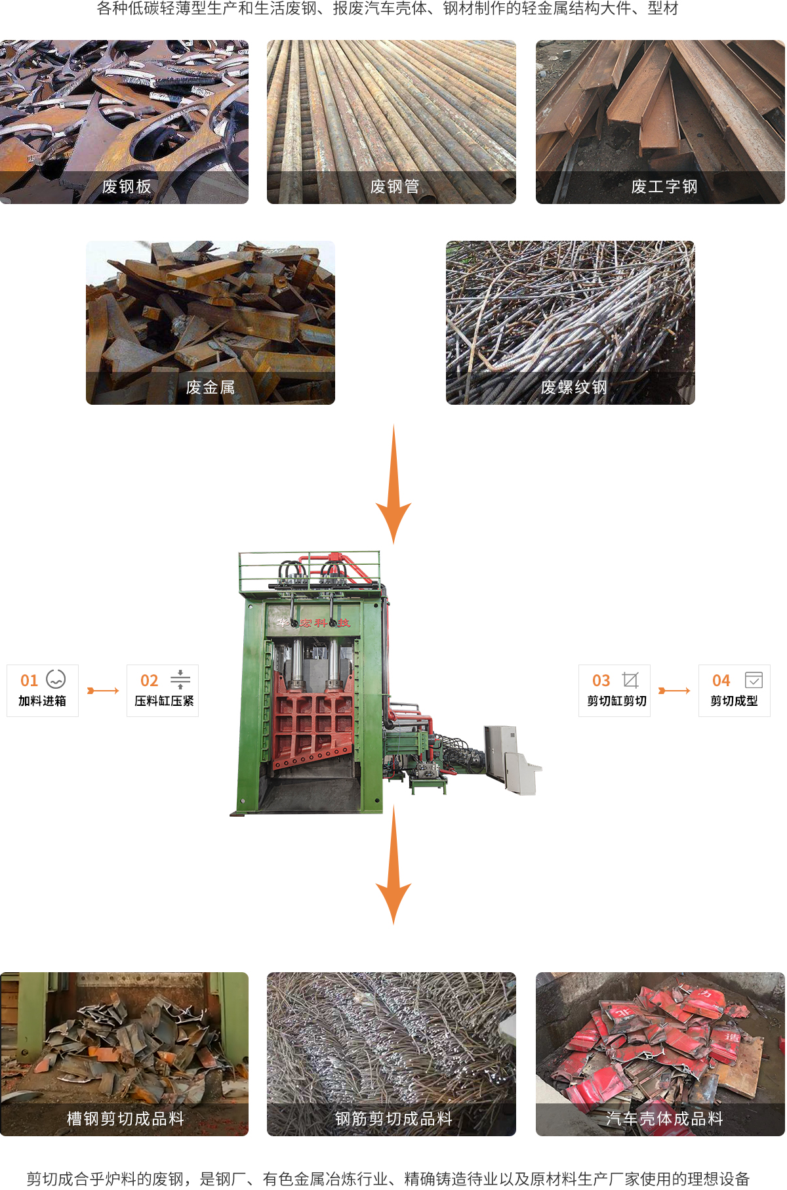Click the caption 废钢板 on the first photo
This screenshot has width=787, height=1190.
pyautogui.click(x=127, y=187)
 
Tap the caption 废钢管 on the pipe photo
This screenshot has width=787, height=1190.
pyautogui.click(x=395, y=187)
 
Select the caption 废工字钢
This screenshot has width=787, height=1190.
pyautogui.click(x=664, y=187)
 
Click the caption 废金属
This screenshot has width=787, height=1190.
pyautogui.click(x=211, y=388)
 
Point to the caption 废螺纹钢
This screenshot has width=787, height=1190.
pyautogui.click(x=574, y=388)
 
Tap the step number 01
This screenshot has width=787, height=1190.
pyautogui.click(x=30, y=681)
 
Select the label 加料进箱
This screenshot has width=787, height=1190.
pyautogui.click(x=43, y=701)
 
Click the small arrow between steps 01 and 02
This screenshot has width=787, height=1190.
pyautogui.click(x=103, y=691)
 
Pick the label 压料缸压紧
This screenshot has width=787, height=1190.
pyautogui.click(x=164, y=701)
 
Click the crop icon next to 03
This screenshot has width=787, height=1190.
pyautogui.click(x=630, y=680)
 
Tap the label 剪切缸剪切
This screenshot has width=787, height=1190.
pyautogui.click(x=617, y=701)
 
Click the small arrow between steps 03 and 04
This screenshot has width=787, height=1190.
pyautogui.click(x=674, y=691)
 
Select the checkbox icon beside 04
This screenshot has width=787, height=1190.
pyautogui.click(x=754, y=680)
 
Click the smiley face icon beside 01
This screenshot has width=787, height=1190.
pyautogui.click(x=56, y=679)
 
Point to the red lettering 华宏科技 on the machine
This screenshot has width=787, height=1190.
pyautogui.click(x=313, y=623)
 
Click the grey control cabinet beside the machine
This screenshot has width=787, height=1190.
pyautogui.click(x=511, y=759)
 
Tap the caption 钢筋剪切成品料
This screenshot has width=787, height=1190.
pyautogui.click(x=394, y=1119)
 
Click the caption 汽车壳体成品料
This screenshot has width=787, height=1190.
pyautogui.click(x=664, y=1119)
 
